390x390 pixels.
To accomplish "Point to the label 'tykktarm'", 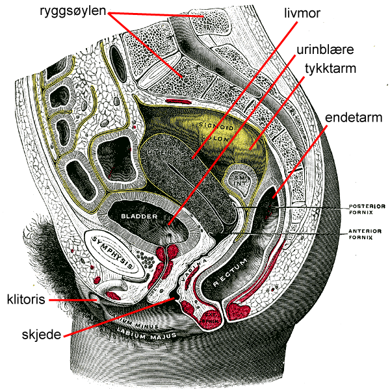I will click(328, 68).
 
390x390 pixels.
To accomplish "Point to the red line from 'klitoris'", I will click(72, 300).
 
